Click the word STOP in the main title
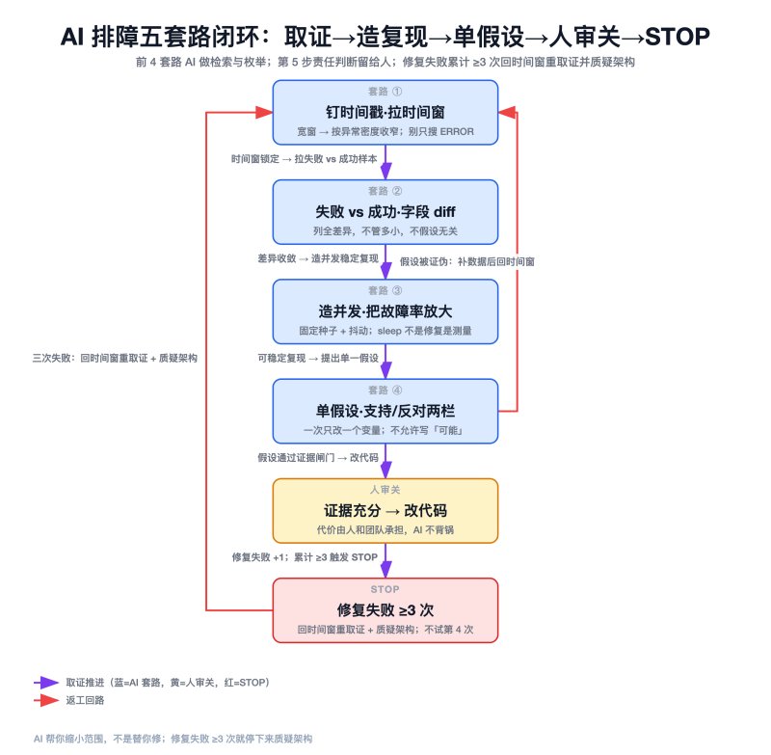[678, 37]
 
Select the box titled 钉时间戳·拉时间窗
[385, 113]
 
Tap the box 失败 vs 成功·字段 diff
[385, 212]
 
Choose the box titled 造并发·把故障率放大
[385, 311]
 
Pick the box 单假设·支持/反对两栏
[385, 411]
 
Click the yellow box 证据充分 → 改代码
[385, 510]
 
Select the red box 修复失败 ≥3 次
[385, 610]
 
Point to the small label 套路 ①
[385, 92]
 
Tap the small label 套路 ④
[385, 391]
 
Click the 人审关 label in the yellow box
[385, 490]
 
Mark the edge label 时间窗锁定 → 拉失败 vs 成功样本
[305, 159]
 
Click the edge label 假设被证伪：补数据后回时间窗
[467, 261]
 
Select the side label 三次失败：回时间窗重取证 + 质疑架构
[115, 358]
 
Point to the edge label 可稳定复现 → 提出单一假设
[318, 358]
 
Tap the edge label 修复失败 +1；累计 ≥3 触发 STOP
[305, 557]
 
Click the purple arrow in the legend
[46, 683]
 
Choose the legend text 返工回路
[85, 700]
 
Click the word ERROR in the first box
[457, 132]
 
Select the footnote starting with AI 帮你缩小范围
[173, 739]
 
